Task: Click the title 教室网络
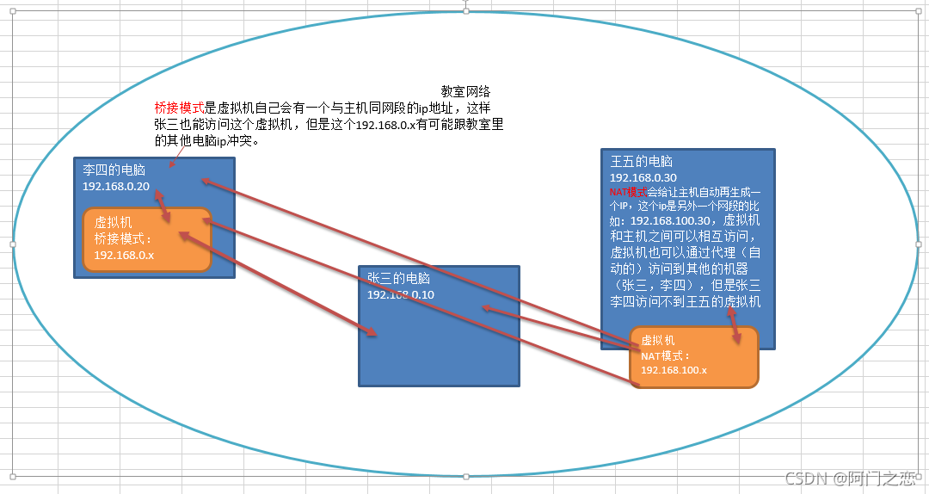465,91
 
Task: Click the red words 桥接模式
179,108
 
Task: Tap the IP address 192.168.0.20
116,186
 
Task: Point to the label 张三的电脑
397,278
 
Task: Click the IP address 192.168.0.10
400,294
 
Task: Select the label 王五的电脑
641,161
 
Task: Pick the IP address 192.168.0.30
643,177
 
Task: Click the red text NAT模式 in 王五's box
627,192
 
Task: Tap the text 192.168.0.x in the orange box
124,255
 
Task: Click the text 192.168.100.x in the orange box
674,369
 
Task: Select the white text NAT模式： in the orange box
665,355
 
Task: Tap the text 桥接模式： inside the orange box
122,239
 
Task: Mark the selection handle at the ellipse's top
465,10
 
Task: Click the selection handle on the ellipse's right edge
917,244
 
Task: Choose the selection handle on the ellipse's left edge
13,244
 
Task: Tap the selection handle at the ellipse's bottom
465,475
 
